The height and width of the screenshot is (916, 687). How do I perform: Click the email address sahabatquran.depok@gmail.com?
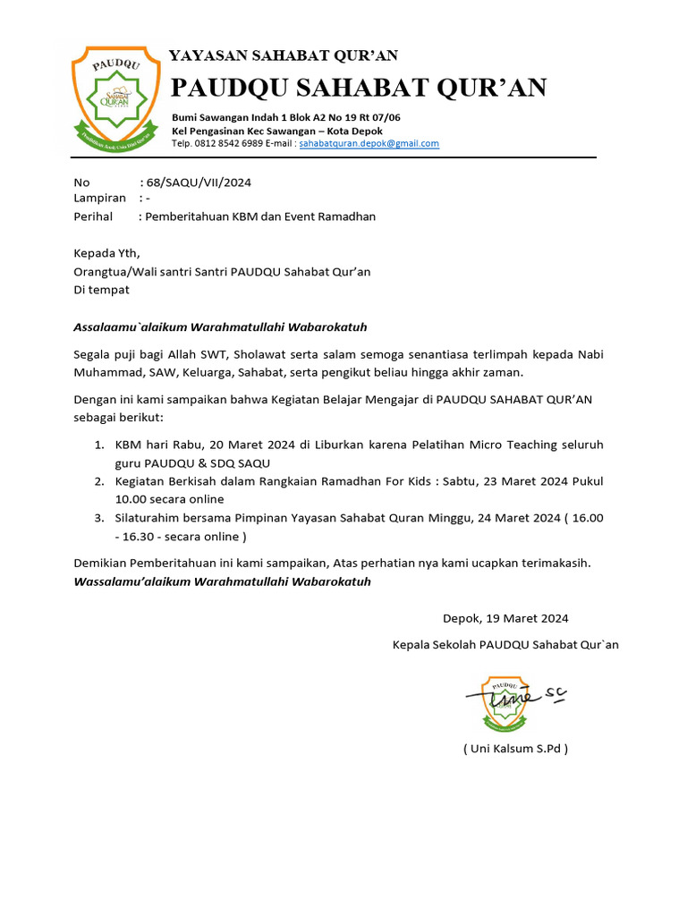tap(369, 144)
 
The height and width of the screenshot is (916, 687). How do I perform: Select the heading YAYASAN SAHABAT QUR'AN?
tap(284, 55)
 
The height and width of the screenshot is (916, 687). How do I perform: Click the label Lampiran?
tap(99, 199)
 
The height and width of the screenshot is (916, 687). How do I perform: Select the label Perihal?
tap(93, 216)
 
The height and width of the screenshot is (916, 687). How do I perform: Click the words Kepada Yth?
tap(106, 253)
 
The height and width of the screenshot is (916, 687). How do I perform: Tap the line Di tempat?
tap(101, 290)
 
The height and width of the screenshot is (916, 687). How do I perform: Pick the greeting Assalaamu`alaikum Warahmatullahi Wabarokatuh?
tap(220, 327)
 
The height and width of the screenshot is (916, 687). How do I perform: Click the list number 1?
tap(99, 445)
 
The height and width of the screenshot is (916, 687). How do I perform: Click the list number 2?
tap(99, 481)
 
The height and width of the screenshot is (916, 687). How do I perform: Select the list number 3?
tap(99, 518)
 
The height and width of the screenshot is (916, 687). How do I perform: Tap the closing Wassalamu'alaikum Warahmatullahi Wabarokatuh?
tap(222, 582)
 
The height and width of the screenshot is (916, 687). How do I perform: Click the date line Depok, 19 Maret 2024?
tap(505, 618)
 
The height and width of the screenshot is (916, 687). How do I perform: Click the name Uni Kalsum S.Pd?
tap(515, 749)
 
